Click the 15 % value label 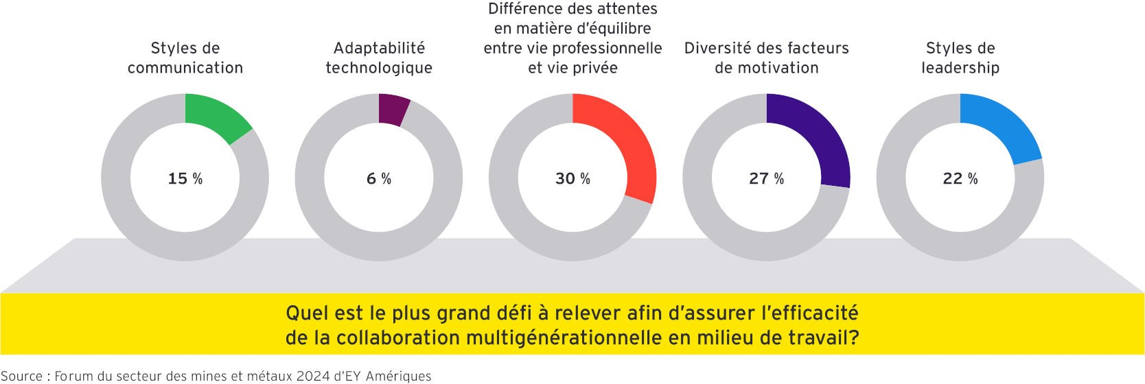click(185, 178)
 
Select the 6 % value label click(378, 178)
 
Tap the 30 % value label click(572, 178)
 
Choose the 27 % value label click(766, 178)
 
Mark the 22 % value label click(960, 178)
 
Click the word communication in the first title click(185, 68)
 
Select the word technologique click(378, 68)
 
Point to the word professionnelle click(607, 48)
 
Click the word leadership click(960, 68)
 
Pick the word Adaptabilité click(379, 48)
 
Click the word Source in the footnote click(21, 376)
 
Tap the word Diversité click(717, 48)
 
